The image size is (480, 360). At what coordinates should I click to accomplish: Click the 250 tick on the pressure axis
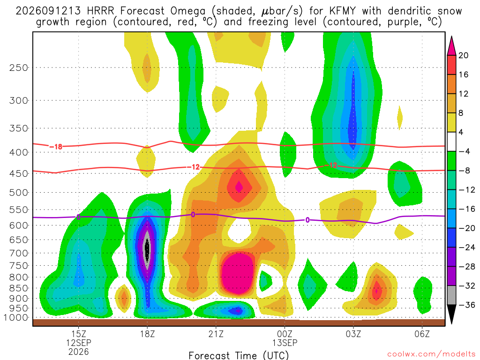tap(19, 67)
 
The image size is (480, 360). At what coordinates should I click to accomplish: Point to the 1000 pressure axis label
tap(16, 318)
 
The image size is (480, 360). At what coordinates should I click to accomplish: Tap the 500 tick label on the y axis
tap(19, 193)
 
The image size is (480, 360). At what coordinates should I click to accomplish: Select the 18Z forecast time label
tap(148, 334)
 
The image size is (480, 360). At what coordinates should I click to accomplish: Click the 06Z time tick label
tap(422, 334)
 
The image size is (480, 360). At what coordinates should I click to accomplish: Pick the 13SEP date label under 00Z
tap(285, 343)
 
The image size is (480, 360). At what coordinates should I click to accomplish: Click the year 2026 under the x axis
tap(79, 352)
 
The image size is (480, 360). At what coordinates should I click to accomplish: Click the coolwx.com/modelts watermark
tap(431, 354)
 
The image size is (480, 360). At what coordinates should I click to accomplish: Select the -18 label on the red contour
tap(56, 147)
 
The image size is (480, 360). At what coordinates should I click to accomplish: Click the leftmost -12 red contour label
tap(193, 167)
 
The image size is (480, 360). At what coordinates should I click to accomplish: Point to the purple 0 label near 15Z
tap(79, 217)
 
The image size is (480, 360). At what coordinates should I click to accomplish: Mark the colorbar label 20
tap(463, 55)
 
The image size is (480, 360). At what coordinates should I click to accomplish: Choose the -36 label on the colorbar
tap(466, 305)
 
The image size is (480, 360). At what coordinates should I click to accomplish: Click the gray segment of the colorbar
tap(451, 295)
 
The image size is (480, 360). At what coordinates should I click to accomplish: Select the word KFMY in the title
tap(343, 11)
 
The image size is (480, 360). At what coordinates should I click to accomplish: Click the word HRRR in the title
tap(100, 11)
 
